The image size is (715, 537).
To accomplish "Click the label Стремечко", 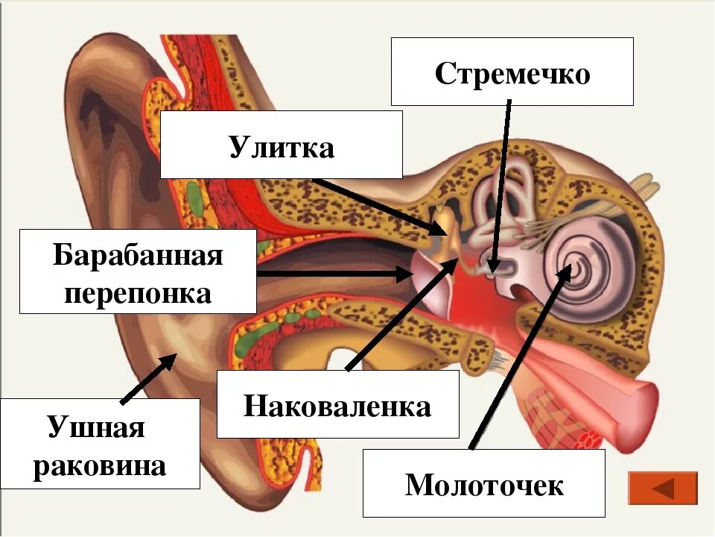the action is pos(512,74).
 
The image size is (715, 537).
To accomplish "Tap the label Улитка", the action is pos(282,147).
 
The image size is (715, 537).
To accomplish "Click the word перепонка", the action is pos(139,293).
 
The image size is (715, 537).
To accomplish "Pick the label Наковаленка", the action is pos(337,406).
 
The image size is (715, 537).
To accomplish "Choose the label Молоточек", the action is pos(484,485).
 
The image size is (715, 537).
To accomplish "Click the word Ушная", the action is pos(96,429).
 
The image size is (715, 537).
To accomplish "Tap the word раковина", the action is pos(101,466).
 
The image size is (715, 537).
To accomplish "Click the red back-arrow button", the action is pos(663,489).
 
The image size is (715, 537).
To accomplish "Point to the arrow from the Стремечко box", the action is pos(501,186).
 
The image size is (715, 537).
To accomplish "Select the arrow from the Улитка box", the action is pos(372,204).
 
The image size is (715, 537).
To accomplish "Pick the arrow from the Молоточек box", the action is pos(518,358).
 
